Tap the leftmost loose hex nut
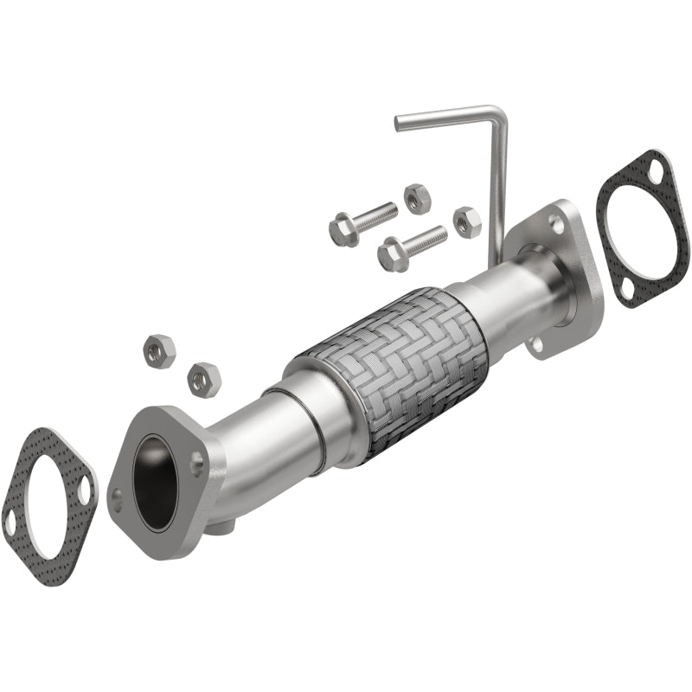158,350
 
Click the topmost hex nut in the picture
417,197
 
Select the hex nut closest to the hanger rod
466,222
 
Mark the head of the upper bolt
343,231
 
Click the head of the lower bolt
393,254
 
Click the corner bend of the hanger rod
494,113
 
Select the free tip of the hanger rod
399,124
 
